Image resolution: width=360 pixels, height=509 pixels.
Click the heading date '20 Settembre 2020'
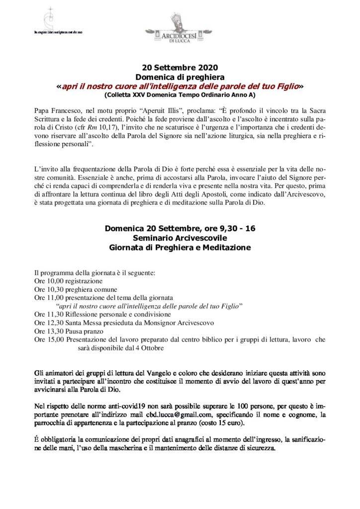click(180, 68)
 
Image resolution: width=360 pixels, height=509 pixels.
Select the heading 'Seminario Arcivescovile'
click(180, 238)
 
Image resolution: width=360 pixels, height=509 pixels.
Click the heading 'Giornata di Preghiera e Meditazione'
click(180, 247)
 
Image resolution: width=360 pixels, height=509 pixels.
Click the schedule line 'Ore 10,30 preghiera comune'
click(76, 289)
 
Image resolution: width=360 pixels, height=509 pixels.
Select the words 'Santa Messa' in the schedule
click(87, 323)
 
